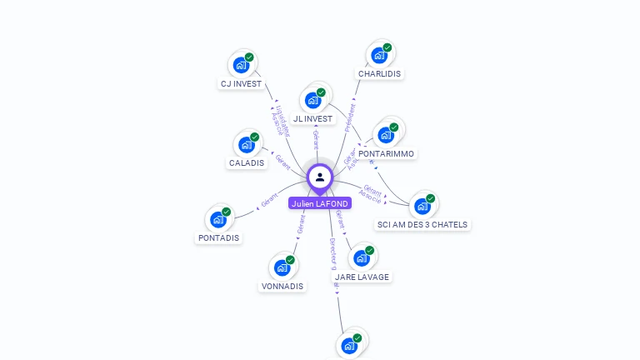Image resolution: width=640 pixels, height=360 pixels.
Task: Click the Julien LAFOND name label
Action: (320, 203)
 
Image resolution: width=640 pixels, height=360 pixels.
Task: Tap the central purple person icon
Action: (320, 177)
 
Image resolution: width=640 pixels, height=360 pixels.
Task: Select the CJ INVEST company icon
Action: (241, 64)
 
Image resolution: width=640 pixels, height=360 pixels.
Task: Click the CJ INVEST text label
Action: (241, 84)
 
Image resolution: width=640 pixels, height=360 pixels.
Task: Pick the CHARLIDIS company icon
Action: (379, 55)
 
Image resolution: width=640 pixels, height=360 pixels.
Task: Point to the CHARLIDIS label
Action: (379, 74)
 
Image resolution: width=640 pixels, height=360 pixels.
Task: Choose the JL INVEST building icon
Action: (313, 100)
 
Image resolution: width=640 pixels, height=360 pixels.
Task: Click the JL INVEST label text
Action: (313, 119)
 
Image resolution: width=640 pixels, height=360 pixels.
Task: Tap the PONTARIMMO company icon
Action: (386, 134)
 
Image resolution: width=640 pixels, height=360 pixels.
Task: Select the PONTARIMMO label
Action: (386, 154)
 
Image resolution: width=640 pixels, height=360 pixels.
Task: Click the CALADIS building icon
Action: (246, 144)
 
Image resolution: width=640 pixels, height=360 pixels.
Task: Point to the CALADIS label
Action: (247, 163)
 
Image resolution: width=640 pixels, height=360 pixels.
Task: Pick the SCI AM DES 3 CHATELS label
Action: (422, 225)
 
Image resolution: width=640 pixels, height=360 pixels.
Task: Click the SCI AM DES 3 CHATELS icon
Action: (422, 206)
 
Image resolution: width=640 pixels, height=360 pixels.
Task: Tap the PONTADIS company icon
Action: (218, 219)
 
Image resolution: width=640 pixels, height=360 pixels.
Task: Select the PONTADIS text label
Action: (218, 238)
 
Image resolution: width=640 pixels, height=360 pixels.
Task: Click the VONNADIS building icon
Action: (282, 267)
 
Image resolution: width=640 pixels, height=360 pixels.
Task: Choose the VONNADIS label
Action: (282, 287)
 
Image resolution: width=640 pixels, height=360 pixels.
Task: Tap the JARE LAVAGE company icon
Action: (362, 257)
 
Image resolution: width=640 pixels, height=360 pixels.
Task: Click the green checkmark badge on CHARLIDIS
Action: (387, 47)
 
